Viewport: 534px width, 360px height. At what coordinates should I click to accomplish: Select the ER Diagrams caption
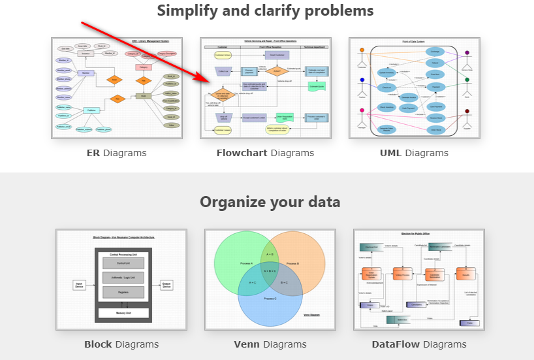[116, 153]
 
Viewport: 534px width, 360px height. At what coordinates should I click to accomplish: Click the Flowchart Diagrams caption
[265, 153]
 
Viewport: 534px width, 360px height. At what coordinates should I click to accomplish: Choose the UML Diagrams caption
[414, 153]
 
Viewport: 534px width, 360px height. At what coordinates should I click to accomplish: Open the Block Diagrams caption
[121, 344]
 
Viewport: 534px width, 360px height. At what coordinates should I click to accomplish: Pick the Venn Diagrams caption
[270, 344]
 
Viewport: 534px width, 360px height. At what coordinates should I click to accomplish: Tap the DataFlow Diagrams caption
[419, 344]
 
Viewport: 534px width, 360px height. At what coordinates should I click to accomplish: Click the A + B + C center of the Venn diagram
[270, 270]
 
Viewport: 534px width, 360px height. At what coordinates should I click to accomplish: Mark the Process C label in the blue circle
[270, 298]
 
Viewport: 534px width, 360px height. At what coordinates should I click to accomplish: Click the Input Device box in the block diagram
[80, 285]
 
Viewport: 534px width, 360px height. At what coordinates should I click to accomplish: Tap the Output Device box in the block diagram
[166, 285]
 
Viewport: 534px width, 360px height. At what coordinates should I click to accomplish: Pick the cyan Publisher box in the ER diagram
[92, 110]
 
